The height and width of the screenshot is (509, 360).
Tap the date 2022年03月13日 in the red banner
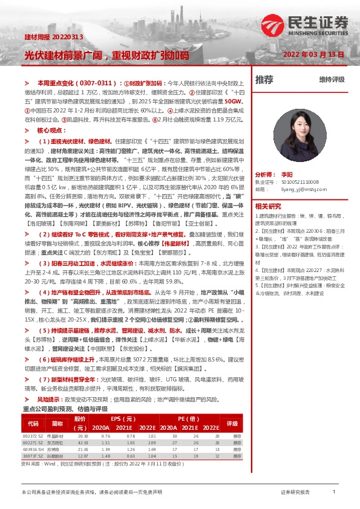[313, 55]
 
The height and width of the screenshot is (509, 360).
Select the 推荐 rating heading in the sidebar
[264, 79]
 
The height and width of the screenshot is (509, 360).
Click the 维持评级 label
[332, 79]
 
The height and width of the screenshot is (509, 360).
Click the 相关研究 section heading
[267, 206]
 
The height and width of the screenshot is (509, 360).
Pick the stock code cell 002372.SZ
[32, 436]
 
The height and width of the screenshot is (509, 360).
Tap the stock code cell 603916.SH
[32, 450]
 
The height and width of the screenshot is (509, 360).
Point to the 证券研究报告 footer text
[295, 493]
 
